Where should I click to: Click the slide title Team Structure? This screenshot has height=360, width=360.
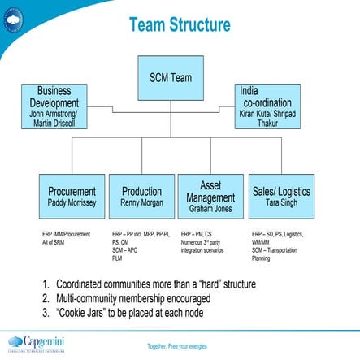tap(179, 26)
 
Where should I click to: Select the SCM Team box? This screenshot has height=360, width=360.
tap(171, 78)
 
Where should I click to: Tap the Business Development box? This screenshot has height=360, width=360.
tap(54, 106)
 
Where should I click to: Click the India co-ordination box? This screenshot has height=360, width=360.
tap(267, 106)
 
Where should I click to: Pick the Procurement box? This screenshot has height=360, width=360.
tap(72, 196)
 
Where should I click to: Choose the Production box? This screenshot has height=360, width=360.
tap(141, 196)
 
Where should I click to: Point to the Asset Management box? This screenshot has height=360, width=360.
tap(210, 196)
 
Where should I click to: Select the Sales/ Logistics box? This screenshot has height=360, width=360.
tap(281, 196)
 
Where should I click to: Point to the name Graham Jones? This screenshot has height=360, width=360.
tap(210, 209)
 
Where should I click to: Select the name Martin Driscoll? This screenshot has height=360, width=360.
tap(54, 124)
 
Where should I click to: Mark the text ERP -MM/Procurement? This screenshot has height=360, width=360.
tap(67, 233)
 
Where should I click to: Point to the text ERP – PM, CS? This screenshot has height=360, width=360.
tap(196, 233)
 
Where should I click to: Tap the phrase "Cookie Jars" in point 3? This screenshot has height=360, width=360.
tap(80, 313)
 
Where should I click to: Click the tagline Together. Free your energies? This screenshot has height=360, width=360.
tap(176, 346)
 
